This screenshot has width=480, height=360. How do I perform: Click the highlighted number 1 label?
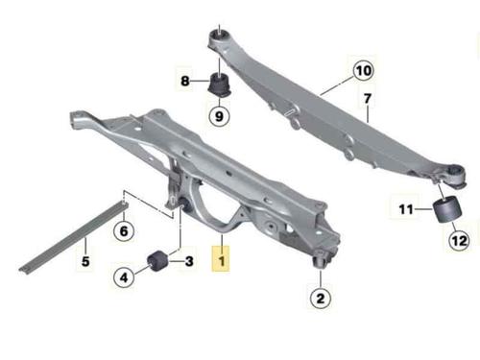221,258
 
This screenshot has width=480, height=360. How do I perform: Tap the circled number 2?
321,299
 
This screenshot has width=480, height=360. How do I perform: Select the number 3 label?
189,261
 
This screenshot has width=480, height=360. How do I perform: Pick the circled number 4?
124,277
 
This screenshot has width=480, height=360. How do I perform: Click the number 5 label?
85,261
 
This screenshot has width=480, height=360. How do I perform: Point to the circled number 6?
124,230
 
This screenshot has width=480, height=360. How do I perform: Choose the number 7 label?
368,98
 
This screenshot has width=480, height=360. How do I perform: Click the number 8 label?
185,81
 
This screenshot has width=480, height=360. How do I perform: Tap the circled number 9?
219,116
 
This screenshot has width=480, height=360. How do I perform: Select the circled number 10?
364,70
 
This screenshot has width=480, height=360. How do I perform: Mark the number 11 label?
406,209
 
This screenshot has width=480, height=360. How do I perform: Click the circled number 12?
459,240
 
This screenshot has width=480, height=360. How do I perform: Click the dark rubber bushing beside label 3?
157,261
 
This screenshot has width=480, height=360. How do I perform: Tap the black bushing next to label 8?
220,84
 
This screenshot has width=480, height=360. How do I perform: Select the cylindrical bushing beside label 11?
447,209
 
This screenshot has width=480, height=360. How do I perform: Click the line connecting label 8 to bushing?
201,81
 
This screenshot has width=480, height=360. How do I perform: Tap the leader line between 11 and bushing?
424,209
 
